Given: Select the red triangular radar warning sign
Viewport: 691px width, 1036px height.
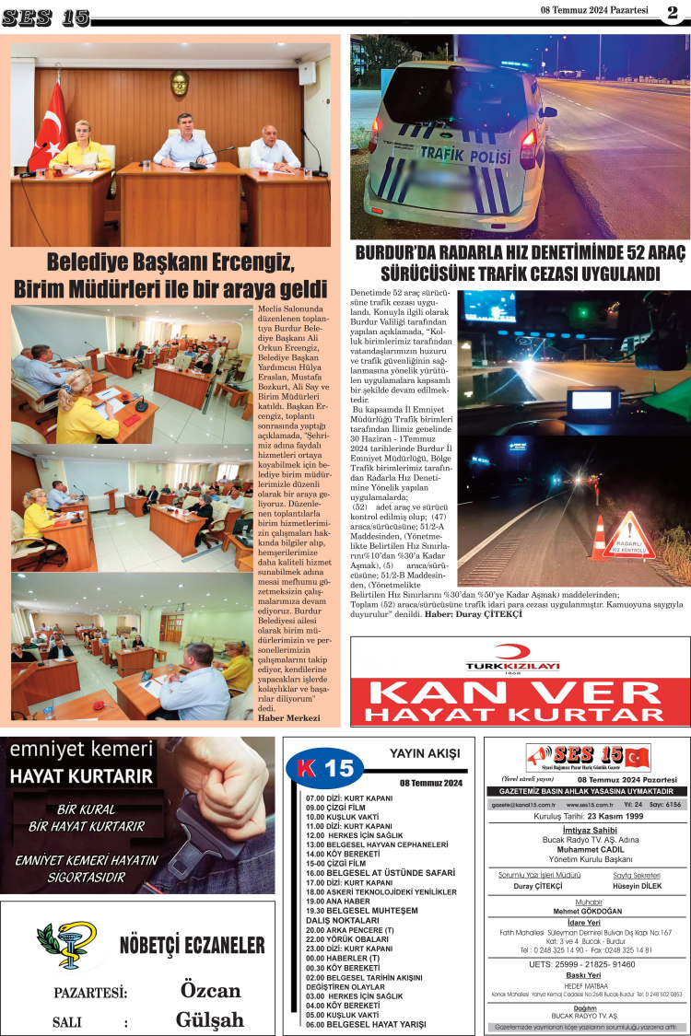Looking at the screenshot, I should [629, 537].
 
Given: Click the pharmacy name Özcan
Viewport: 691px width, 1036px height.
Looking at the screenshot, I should [210, 991].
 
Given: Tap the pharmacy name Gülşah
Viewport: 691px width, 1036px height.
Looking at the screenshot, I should [210, 1019].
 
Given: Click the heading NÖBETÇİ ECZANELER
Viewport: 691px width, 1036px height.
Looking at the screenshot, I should [192, 946].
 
